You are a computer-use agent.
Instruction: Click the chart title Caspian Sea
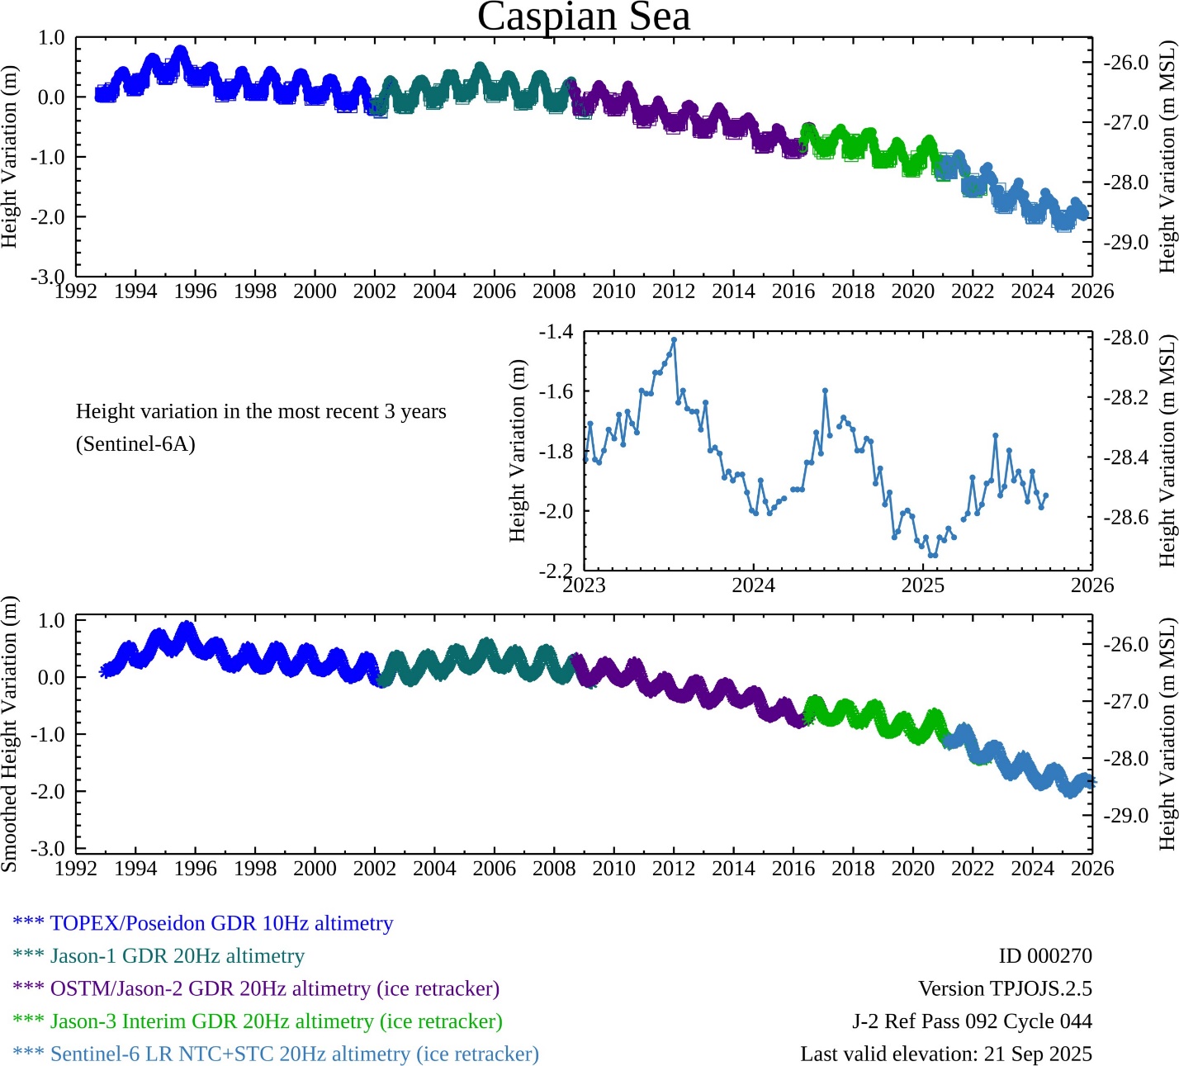click(x=584, y=17)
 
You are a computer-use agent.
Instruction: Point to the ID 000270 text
click(x=1044, y=956)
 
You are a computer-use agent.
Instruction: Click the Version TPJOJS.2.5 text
click(x=1005, y=988)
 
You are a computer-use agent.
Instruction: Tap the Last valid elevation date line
click(x=945, y=1054)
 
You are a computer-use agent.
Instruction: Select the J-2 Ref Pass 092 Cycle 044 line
click(x=972, y=1021)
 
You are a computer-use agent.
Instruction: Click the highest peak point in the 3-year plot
click(x=674, y=339)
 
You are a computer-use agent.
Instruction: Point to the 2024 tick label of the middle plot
click(x=753, y=585)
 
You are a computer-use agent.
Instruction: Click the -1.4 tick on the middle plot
click(x=556, y=332)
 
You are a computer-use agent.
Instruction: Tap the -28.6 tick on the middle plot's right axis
click(x=1126, y=518)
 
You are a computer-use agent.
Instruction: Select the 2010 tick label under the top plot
click(x=613, y=291)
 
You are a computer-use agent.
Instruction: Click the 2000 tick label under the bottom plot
click(x=315, y=869)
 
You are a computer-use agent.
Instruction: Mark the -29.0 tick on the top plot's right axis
click(x=1126, y=243)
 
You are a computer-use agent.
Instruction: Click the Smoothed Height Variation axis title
click(x=10, y=734)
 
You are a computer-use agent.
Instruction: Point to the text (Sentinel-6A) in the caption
click(x=135, y=444)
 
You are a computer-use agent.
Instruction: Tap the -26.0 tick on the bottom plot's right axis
click(x=1126, y=645)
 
